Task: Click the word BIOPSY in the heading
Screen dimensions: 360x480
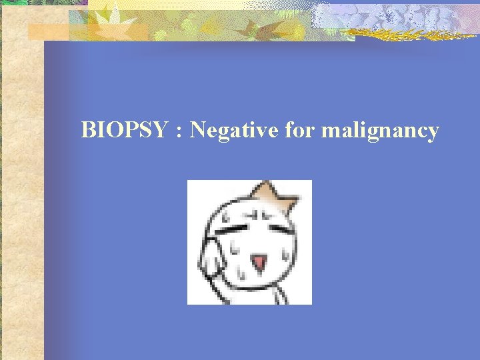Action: pyautogui.click(x=124, y=130)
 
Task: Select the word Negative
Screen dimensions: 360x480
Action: pyautogui.click(x=233, y=131)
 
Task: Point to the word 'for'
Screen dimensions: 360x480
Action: pyautogui.click(x=299, y=130)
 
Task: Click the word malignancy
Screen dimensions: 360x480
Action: pyautogui.click(x=379, y=131)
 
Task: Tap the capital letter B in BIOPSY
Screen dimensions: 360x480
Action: pyautogui.click(x=87, y=130)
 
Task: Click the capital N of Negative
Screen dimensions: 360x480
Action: pyautogui.click(x=197, y=130)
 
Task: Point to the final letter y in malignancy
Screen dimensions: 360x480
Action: pyautogui.click(x=433, y=133)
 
